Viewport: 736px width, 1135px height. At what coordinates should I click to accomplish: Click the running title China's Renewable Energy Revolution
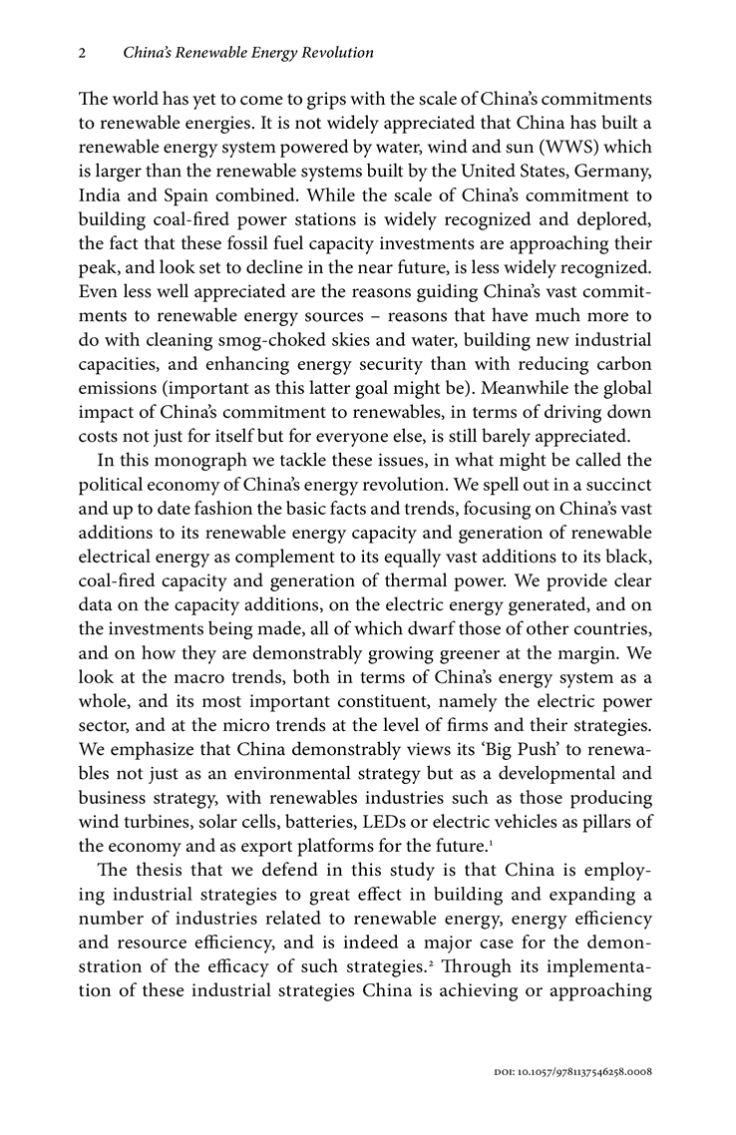point(247,51)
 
